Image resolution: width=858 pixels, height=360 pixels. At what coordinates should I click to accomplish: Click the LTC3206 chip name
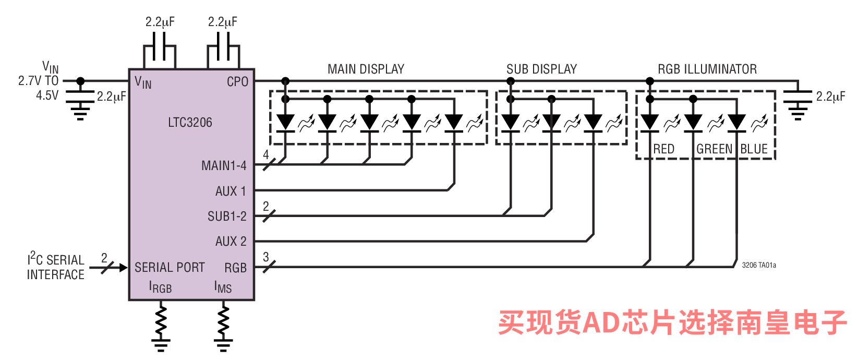click(x=190, y=123)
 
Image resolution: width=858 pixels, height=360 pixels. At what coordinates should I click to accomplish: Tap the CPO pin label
click(x=237, y=81)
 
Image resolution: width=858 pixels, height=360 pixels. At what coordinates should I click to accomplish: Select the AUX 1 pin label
click(x=231, y=191)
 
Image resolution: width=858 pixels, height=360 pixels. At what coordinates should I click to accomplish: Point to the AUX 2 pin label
click(x=231, y=241)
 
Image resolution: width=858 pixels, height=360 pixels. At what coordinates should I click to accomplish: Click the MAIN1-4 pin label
click(x=224, y=166)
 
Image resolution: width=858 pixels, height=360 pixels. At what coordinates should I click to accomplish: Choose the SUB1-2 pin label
click(x=227, y=217)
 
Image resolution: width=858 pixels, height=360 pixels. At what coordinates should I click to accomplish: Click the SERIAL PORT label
click(x=170, y=267)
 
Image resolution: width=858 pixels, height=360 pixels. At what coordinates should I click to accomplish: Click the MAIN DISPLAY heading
click(x=366, y=69)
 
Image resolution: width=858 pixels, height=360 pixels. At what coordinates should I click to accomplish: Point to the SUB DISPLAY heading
click(x=541, y=69)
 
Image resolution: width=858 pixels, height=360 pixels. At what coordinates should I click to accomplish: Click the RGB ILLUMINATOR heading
click(x=707, y=69)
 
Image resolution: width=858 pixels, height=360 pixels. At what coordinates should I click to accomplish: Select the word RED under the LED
click(x=664, y=149)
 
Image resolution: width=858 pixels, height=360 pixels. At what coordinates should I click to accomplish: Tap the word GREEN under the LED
click(x=715, y=149)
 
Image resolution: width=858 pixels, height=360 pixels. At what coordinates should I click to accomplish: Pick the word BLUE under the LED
click(x=754, y=149)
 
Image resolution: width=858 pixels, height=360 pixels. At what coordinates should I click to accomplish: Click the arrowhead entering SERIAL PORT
click(x=123, y=268)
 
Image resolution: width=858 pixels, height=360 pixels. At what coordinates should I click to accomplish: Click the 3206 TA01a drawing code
click(x=759, y=265)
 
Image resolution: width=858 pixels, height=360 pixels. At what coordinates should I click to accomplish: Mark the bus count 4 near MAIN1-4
click(x=266, y=155)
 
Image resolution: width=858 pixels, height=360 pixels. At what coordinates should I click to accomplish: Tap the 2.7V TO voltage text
click(x=38, y=81)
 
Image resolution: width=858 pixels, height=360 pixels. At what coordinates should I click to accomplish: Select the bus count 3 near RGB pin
click(x=266, y=257)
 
